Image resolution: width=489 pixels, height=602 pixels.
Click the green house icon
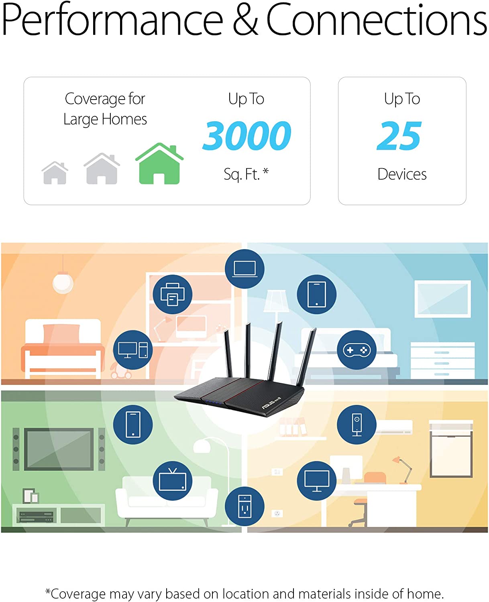pyautogui.click(x=159, y=163)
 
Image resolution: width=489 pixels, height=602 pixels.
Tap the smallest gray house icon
pyautogui.click(x=55, y=173)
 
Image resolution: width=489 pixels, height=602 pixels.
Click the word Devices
pyautogui.click(x=402, y=174)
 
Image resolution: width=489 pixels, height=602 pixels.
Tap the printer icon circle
pyautogui.click(x=172, y=294)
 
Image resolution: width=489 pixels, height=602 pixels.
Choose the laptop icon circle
pyautogui.click(x=245, y=269)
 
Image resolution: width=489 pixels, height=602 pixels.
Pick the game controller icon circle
pyautogui.click(x=357, y=350)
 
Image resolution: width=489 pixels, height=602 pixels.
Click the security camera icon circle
pyautogui.click(x=357, y=425)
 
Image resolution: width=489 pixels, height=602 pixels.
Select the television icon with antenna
pyautogui.click(x=172, y=481)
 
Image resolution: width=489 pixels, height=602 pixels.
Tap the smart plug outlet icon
pyautogui.click(x=245, y=506)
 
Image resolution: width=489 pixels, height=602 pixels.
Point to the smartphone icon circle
pyautogui.click(x=133, y=425)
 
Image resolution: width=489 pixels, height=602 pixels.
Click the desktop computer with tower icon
pyautogui.click(x=133, y=350)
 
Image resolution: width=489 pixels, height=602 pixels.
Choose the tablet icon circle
pyautogui.click(x=317, y=294)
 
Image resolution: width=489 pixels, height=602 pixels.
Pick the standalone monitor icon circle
pyautogui.click(x=317, y=481)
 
